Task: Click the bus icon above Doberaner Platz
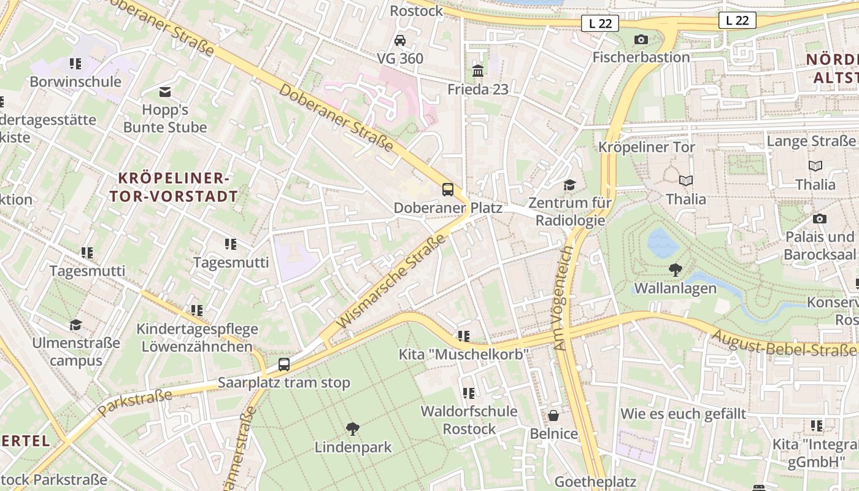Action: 448,189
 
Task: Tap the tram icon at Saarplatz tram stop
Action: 283,364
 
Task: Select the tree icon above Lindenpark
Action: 353,428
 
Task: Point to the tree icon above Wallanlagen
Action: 676,269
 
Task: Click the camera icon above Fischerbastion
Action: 641,39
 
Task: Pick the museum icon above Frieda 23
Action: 478,71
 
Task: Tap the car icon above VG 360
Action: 400,40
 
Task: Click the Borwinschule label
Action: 75,82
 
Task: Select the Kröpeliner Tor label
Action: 647,147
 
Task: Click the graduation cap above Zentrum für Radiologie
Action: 570,185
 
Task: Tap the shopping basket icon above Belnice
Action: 553,416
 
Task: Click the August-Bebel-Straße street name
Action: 783,344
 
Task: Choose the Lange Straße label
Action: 811,141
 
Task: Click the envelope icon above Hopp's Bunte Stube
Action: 165,92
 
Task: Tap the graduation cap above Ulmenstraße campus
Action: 76,325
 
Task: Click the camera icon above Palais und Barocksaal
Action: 819,218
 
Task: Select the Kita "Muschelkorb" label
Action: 464,355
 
